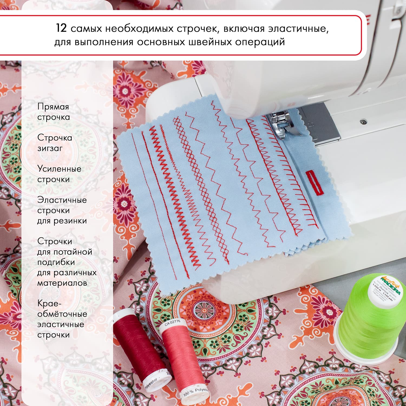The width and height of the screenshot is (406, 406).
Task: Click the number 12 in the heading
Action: pos(61,28)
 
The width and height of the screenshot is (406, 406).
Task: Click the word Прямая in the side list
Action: pos(53,107)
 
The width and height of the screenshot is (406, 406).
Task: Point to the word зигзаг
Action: pos(50,148)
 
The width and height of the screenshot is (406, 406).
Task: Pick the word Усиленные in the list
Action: pos(59,169)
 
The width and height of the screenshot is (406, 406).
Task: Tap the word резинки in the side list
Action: pos(70,221)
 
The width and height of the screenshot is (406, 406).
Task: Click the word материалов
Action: pos(62,283)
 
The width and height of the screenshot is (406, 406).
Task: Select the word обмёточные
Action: pos(62,314)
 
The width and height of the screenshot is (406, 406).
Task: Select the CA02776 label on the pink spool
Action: pos(172,323)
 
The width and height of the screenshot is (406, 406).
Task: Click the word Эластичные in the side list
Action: pos(62,200)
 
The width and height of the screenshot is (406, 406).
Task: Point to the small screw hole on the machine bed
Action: pos(362,122)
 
